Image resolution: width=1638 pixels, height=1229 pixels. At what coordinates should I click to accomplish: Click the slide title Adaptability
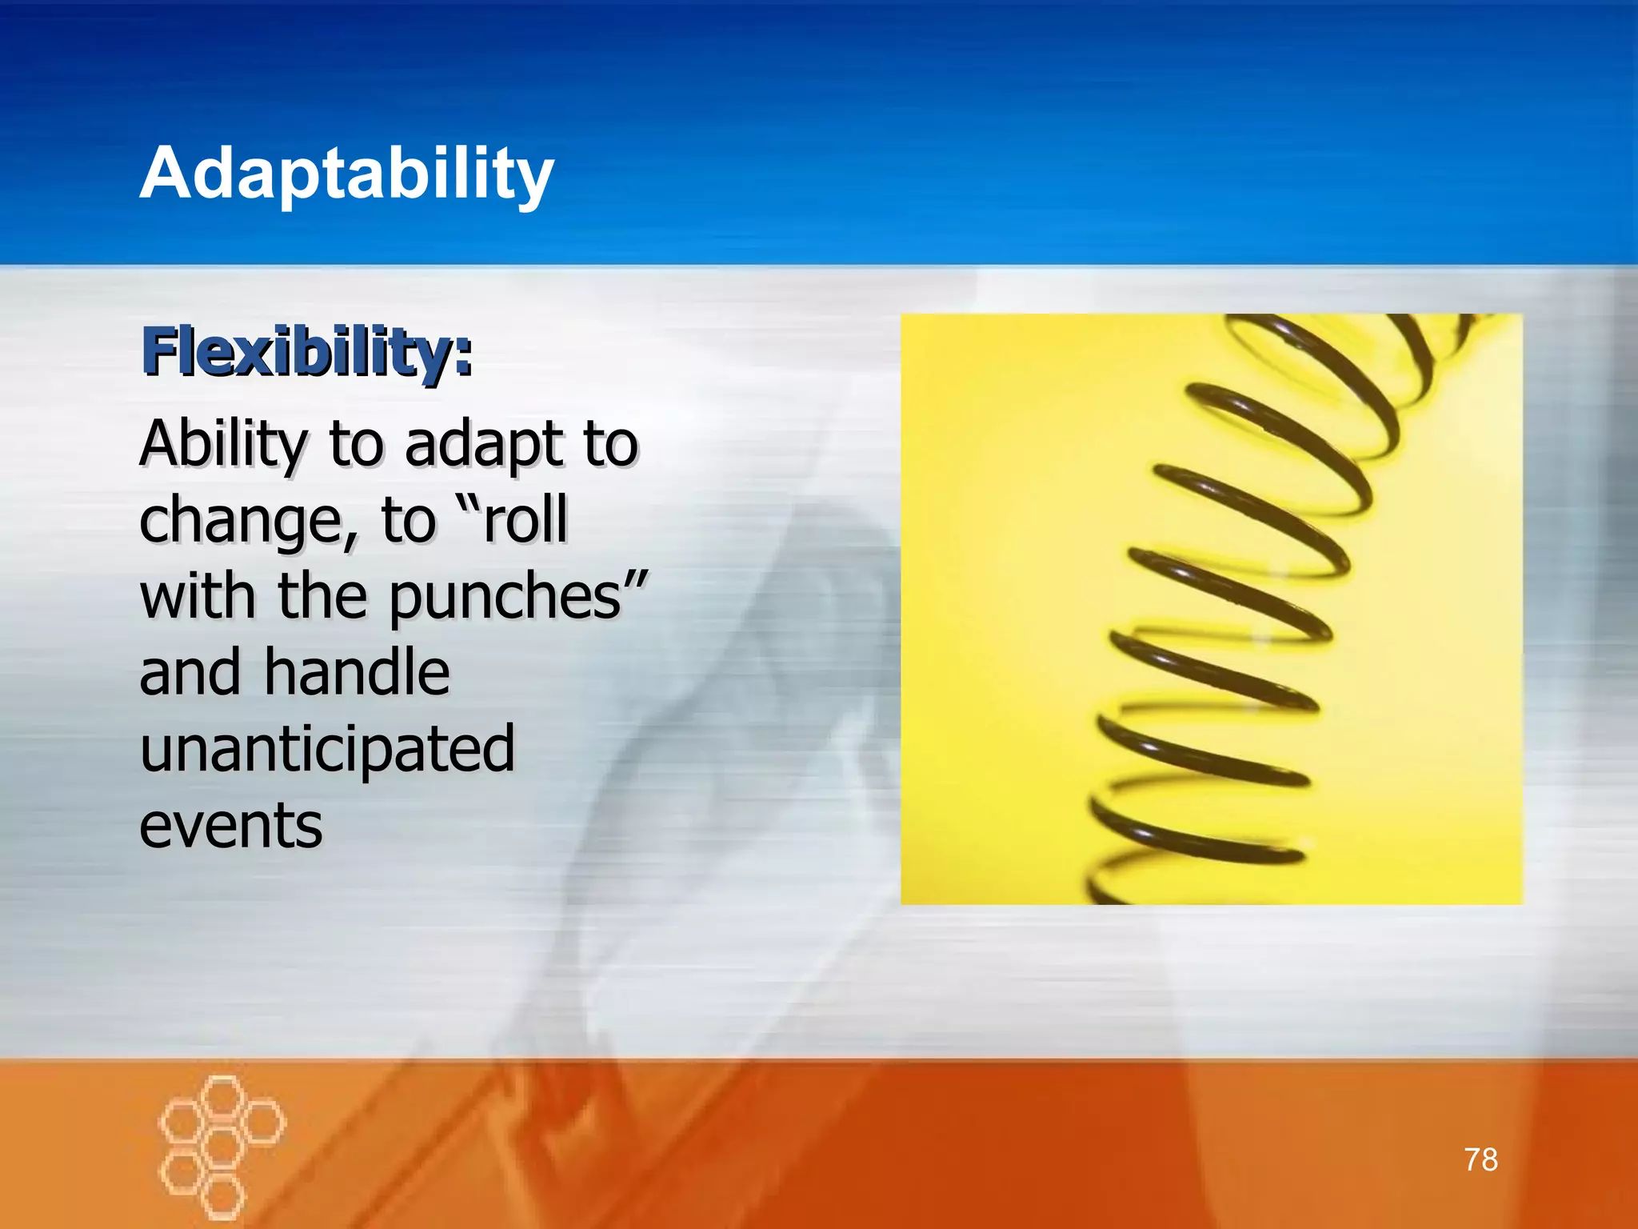(x=346, y=174)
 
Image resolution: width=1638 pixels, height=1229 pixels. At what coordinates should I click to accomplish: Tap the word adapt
(x=481, y=446)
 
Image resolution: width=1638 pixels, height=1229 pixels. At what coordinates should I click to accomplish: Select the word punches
(x=505, y=597)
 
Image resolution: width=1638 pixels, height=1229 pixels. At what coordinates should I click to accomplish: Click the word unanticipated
(x=327, y=749)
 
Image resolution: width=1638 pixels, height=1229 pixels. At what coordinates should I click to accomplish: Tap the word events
(x=231, y=825)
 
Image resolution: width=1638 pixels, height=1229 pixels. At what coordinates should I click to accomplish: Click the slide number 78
(x=1480, y=1159)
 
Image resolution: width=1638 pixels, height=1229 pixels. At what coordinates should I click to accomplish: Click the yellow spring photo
(x=1211, y=609)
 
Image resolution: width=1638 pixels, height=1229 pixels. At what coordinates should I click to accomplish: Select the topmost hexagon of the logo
(x=222, y=1095)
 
